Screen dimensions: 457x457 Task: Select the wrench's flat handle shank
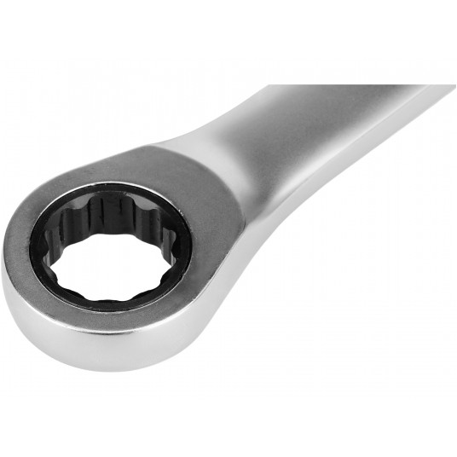coord(341,128)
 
